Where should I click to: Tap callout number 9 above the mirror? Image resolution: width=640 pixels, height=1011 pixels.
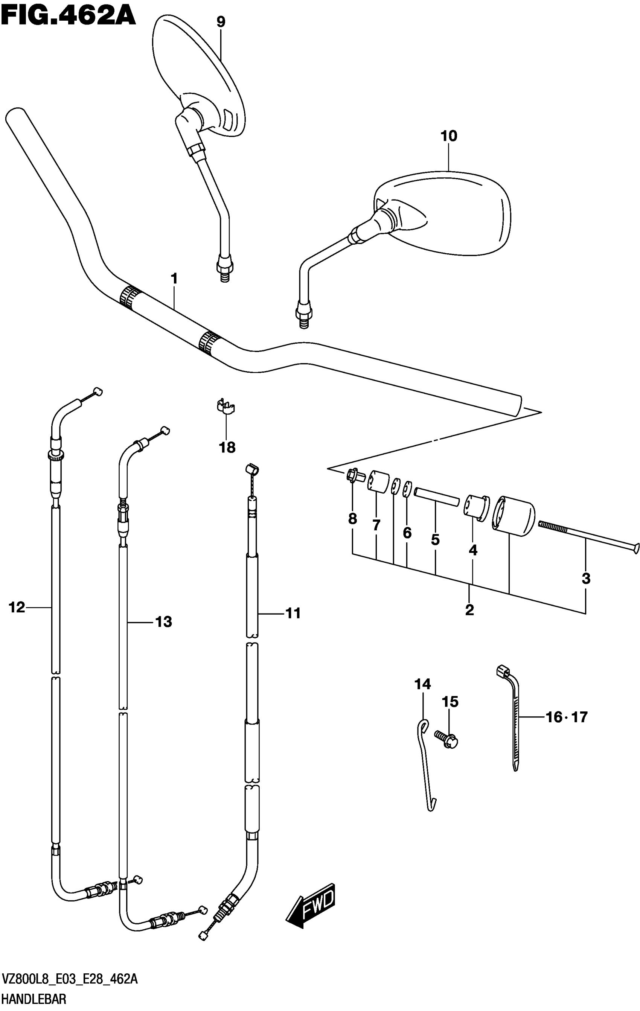click(221, 22)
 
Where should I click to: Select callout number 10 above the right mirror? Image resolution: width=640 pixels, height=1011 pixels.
click(448, 136)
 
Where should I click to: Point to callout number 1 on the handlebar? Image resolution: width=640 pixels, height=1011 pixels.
click(174, 279)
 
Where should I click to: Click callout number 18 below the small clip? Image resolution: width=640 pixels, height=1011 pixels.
click(227, 448)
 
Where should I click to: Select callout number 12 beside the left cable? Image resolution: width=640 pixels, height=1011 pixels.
click(17, 607)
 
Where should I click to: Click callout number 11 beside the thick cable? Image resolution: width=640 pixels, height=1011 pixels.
click(293, 614)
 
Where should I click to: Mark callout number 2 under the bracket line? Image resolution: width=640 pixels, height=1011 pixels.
click(469, 610)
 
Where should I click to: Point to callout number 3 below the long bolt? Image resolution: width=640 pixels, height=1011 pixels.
click(586, 579)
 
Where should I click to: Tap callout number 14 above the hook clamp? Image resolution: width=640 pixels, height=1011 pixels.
click(422, 684)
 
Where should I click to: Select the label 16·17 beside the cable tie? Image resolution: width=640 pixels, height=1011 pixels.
click(567, 717)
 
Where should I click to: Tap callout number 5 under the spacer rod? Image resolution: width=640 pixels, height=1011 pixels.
click(435, 539)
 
